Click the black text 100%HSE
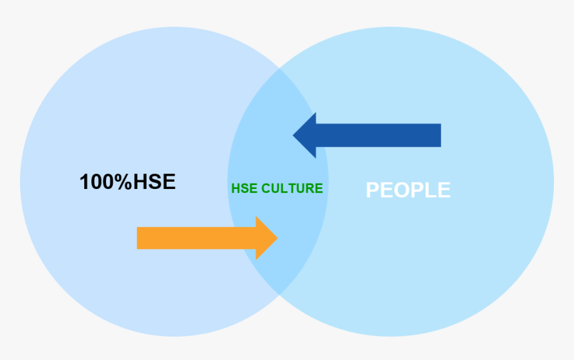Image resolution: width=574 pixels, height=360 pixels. coord(127,182)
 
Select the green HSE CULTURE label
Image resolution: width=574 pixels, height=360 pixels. coord(277,188)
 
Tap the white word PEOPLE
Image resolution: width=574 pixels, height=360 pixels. coord(408,190)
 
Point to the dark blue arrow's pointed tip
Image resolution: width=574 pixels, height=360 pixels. coord(293,136)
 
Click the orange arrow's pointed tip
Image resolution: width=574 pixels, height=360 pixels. coord(278,238)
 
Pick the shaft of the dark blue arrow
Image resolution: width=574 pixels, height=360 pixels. coord(378,136)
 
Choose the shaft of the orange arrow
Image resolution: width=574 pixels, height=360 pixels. coord(196,238)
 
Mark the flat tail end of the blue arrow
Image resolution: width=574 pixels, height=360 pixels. coord(441,136)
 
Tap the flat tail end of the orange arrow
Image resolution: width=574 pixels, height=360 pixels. coord(137,238)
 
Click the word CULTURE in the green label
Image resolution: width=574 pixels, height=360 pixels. coord(292,188)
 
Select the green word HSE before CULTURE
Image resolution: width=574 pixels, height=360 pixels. coord(244,188)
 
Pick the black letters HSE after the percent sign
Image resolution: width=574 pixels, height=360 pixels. coord(154,182)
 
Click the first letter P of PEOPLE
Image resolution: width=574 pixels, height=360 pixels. coord(372,190)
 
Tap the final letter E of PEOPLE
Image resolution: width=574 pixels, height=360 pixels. coord(444,190)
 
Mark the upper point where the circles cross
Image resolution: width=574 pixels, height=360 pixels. coord(279,69)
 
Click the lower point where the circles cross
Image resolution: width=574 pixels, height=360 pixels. coord(279,295)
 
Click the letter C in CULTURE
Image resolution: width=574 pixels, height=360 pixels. coord(266,188)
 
